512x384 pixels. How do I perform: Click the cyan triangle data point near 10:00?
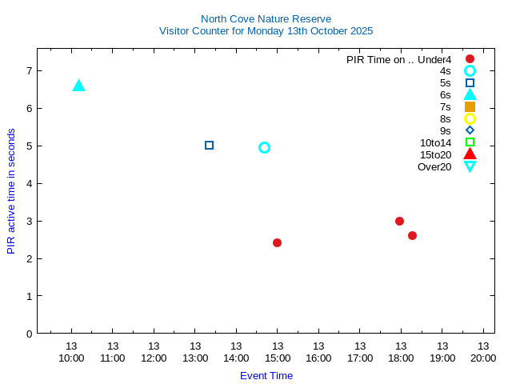(x=78, y=86)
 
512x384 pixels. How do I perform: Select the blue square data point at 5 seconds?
(x=210, y=146)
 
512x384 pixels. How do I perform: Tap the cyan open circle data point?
(x=264, y=147)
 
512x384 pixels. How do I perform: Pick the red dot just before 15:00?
(x=277, y=242)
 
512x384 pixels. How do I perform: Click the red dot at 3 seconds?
(x=399, y=221)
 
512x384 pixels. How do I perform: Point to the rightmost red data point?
(x=412, y=235)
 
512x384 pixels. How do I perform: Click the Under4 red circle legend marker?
(x=470, y=59)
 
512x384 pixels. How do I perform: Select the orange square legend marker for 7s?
(x=470, y=106)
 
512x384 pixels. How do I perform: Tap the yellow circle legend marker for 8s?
(x=470, y=118)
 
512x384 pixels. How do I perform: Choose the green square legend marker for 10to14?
(x=470, y=142)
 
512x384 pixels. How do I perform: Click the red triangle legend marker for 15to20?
(x=470, y=154)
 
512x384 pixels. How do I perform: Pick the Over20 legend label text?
(x=434, y=166)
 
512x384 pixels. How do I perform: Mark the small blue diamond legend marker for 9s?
(x=470, y=130)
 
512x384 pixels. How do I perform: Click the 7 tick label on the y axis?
(x=29, y=70)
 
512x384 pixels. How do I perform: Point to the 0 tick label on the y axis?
(x=29, y=334)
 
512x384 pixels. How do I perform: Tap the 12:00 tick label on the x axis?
(x=154, y=358)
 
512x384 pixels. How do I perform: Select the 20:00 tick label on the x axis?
(x=483, y=358)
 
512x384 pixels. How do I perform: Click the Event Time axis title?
(x=266, y=375)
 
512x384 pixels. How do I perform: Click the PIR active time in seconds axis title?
(x=11, y=190)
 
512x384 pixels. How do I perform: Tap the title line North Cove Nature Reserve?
(x=266, y=18)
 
